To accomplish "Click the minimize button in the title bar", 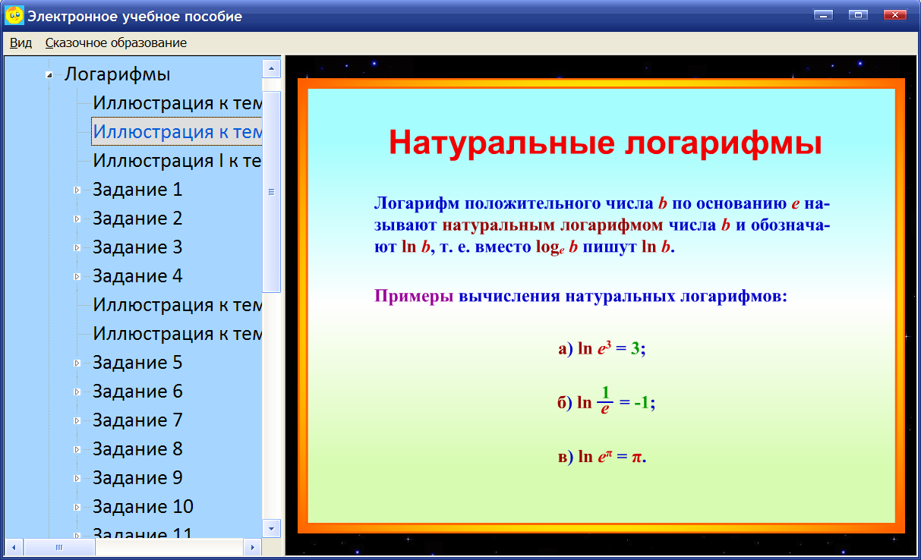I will [x=823, y=14].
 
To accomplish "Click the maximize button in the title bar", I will [x=858, y=14].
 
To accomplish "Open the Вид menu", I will [x=21, y=43].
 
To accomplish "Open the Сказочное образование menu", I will [x=115, y=43].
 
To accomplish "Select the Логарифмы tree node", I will [x=117, y=74].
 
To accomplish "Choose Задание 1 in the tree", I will [x=137, y=190].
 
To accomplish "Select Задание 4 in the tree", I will [x=137, y=276].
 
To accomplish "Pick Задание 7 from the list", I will [x=137, y=420].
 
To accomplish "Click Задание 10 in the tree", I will [x=143, y=507].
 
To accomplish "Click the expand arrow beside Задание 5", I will [x=77, y=363].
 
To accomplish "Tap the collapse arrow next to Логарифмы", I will [x=49, y=75].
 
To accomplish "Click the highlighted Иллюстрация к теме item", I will [x=177, y=132].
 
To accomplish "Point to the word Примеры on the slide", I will [x=414, y=296].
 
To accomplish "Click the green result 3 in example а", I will [x=635, y=349].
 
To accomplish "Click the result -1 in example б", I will [x=642, y=403].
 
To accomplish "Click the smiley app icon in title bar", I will [x=14, y=15].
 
